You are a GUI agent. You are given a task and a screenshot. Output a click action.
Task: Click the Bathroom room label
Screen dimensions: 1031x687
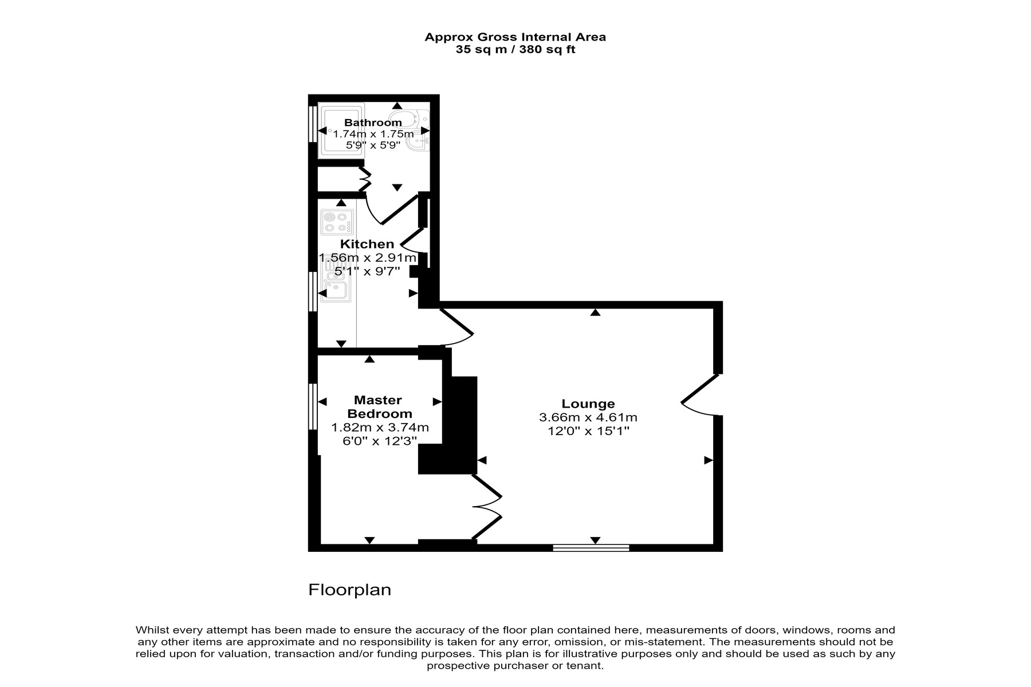(373, 123)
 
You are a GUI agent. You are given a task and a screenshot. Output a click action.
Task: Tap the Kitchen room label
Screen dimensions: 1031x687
(367, 244)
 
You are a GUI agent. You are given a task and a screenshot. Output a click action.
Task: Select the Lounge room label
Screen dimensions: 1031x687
(588, 404)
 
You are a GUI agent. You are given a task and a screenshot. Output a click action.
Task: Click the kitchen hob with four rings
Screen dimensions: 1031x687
(337, 223)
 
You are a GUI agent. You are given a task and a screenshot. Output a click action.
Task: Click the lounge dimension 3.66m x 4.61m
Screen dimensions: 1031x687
(588, 418)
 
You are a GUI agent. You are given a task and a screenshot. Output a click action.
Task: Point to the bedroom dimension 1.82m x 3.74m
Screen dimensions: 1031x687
(380, 428)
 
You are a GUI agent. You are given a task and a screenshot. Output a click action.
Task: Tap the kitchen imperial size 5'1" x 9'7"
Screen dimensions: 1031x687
(367, 271)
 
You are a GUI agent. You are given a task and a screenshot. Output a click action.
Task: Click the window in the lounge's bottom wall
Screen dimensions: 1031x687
(591, 548)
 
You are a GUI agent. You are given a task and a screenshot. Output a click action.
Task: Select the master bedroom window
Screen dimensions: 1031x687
(313, 406)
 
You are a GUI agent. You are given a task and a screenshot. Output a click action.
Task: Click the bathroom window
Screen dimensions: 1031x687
(313, 124)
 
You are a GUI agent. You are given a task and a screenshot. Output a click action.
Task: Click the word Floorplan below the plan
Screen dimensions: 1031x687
(350, 590)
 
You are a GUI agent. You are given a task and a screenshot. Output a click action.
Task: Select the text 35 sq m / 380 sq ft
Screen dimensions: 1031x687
(515, 50)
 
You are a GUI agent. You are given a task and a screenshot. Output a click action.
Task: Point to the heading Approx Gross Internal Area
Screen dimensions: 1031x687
(515, 37)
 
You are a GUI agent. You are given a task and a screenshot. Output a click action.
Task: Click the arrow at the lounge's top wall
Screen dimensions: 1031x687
(595, 312)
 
